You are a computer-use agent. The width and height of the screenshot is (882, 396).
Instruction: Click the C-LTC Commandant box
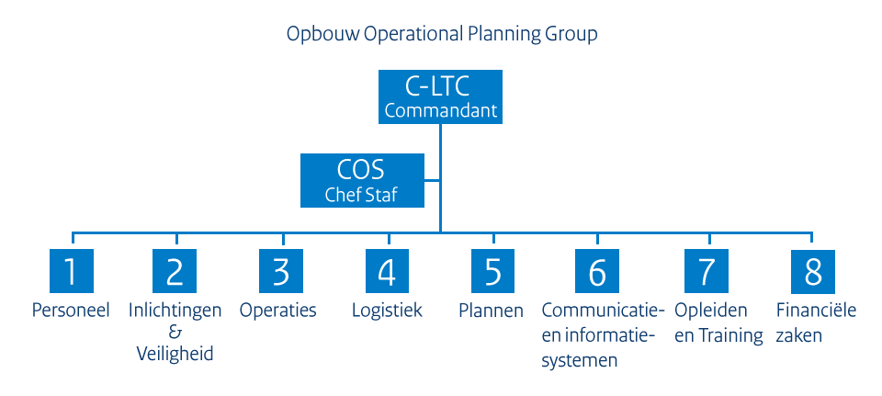tap(439, 98)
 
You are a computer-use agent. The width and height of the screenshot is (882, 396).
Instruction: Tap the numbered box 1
tap(71, 272)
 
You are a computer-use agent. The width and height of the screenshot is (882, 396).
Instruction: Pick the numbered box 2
tap(175, 272)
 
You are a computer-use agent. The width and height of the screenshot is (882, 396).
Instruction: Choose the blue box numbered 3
tap(281, 272)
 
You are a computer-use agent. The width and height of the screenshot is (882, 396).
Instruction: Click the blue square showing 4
tap(387, 272)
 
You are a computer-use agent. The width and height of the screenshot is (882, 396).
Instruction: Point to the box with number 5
tap(493, 272)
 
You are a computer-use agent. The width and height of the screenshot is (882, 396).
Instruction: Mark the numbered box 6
tap(598, 272)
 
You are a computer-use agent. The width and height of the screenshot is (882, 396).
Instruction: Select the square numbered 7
tap(706, 272)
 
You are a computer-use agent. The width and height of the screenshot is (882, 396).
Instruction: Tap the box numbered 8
tap(812, 272)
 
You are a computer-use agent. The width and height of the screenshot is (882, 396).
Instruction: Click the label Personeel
tap(71, 311)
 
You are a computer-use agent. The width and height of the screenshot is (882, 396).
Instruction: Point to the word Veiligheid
tap(175, 354)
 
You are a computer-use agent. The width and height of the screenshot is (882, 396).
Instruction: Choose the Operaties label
tap(278, 311)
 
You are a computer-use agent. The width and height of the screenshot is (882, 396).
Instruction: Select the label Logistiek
tap(387, 311)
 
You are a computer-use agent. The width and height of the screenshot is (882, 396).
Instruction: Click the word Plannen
tap(491, 311)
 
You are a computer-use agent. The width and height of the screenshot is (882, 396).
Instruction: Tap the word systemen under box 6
tap(579, 360)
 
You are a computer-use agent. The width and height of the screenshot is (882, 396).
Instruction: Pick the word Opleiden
tap(710, 311)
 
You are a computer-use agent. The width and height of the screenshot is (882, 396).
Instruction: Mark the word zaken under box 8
tap(798, 335)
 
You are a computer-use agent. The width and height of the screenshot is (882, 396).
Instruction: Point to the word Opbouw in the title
tap(319, 35)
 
